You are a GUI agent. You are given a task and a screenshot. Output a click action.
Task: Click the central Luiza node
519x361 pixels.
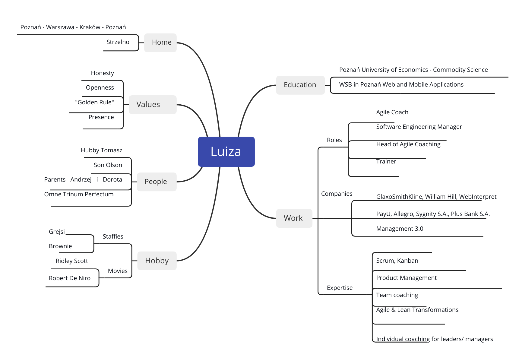pos(226,152)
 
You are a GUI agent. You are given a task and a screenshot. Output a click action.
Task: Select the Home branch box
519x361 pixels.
pos(160,43)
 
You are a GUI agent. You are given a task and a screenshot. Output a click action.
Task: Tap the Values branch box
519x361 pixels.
pos(153,105)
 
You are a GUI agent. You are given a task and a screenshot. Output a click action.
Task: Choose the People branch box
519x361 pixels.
pos(157,182)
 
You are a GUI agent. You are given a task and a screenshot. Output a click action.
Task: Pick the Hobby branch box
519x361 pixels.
pos(157,261)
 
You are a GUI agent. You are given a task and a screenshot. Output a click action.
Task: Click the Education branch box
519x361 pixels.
pos(300,85)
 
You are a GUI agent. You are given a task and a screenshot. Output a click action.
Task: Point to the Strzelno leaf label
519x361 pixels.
pos(118,42)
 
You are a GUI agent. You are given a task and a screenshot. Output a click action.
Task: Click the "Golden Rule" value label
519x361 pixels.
pos(95,103)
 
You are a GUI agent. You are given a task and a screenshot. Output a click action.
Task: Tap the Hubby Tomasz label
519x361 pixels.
pos(102,150)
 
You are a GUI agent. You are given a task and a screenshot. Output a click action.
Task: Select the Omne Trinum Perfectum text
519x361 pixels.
pos(79,195)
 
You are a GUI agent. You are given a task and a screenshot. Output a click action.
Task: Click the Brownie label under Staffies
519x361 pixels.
pos(60,246)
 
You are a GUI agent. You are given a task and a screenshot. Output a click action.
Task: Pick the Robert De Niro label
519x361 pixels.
pos(70,278)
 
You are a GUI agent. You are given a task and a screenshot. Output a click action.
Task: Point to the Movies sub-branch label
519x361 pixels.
pos(118,271)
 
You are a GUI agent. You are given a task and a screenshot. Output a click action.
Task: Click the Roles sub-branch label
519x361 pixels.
pos(334,140)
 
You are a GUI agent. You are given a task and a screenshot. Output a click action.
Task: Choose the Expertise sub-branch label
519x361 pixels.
pos(340,288)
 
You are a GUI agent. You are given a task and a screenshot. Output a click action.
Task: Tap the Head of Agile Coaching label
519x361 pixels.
pos(408,144)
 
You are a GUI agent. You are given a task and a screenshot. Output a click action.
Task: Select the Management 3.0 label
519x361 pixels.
pos(400,229)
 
